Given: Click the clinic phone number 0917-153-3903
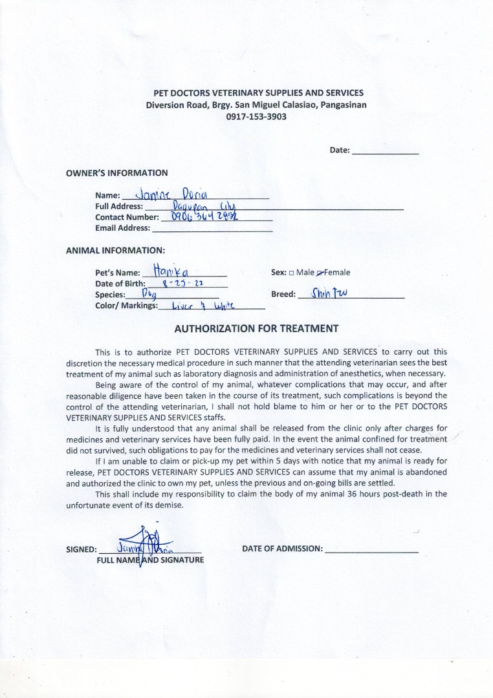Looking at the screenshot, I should [256, 117].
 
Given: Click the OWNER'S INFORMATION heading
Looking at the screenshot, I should [117, 173].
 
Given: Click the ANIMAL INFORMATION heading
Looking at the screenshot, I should [116, 250].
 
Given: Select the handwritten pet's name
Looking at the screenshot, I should [170, 271].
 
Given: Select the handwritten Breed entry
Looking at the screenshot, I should [329, 293].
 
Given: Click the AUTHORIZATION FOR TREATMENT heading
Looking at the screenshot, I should [256, 328].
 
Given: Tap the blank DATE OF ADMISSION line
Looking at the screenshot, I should [371, 549].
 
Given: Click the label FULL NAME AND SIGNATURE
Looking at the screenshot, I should [150, 560].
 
